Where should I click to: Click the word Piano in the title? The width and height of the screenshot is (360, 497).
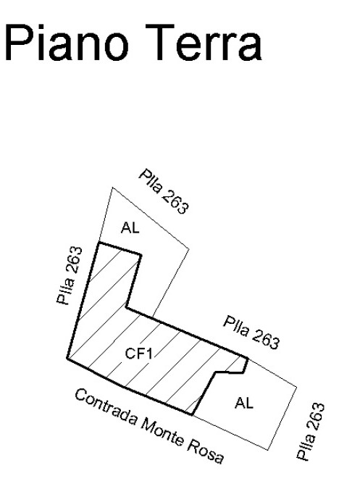click(67, 43)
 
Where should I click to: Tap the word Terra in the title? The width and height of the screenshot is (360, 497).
click(204, 43)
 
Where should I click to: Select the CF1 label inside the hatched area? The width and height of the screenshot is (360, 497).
click(139, 353)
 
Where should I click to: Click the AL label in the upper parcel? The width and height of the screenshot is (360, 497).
click(130, 227)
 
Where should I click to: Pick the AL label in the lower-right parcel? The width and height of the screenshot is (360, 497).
click(244, 403)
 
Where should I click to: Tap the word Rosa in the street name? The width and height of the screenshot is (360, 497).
click(206, 450)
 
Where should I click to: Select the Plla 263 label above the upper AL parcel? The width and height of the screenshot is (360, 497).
click(164, 191)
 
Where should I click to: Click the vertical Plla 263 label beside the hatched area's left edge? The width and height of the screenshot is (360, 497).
click(70, 275)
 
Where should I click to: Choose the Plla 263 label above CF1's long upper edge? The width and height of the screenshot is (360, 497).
click(251, 332)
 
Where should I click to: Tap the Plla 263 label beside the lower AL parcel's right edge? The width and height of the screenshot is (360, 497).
click(310, 431)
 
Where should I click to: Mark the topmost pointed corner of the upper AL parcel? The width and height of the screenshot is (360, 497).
click(112, 188)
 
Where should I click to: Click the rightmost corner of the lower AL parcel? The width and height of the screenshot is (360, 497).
click(297, 387)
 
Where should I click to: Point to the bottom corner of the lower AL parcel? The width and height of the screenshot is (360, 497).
click(268, 450)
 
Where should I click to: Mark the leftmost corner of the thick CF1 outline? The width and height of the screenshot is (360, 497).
click(67, 358)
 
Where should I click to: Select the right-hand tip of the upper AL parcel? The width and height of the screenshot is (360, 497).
click(189, 249)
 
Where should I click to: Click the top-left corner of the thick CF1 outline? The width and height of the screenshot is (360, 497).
click(99, 243)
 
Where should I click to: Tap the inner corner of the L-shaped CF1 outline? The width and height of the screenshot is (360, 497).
click(127, 307)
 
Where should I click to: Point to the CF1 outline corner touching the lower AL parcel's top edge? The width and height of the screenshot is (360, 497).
click(248, 358)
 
